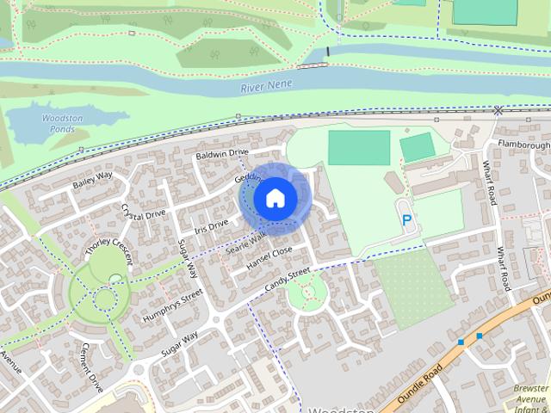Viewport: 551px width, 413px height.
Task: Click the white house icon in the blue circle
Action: click(275, 198)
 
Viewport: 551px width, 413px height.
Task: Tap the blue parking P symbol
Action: click(406, 220)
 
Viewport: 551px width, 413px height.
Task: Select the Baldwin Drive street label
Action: click(221, 153)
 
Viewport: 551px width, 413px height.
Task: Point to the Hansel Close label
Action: click(269, 256)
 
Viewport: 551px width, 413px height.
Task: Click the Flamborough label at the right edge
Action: click(523, 145)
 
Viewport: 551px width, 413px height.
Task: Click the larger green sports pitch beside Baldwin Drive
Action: click(358, 147)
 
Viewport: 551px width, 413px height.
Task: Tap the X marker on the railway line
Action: click(498, 110)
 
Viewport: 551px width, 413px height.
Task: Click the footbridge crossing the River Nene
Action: click(312, 65)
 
